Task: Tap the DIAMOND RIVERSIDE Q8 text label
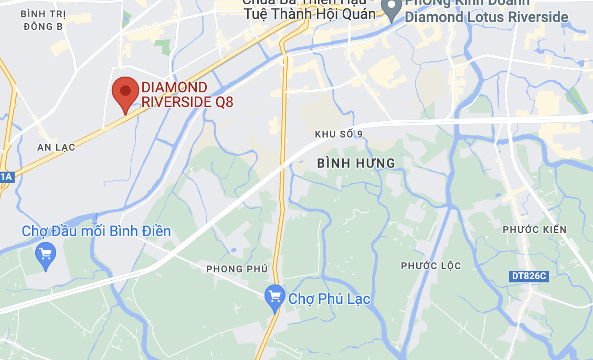(187, 94)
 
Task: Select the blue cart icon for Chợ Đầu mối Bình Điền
(46, 255)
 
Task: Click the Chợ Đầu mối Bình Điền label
(96, 231)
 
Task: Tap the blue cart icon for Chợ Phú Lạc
(274, 297)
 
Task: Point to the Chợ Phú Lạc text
(329, 299)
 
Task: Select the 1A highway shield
(6, 177)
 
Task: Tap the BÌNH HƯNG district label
(356, 163)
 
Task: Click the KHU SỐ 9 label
(338, 134)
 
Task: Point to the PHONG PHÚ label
(237, 269)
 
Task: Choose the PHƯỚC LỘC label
(431, 266)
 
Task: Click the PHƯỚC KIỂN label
(535, 230)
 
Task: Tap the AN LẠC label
(56, 147)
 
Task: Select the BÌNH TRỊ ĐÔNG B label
(44, 20)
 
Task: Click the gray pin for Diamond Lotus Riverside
(391, 9)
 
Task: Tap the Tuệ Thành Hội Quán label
(310, 14)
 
